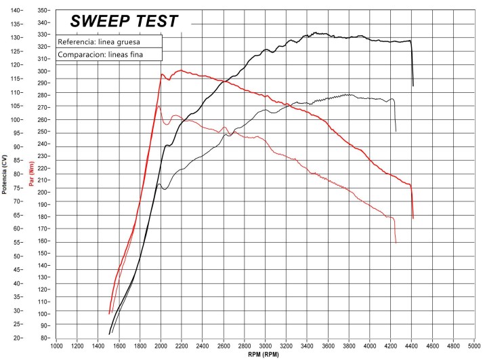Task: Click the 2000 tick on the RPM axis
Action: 161,344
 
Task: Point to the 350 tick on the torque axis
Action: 43,11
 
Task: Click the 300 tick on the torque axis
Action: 43,71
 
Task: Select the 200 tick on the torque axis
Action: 43,193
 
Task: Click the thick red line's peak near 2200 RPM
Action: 181,70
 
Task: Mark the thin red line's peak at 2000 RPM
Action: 159,106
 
